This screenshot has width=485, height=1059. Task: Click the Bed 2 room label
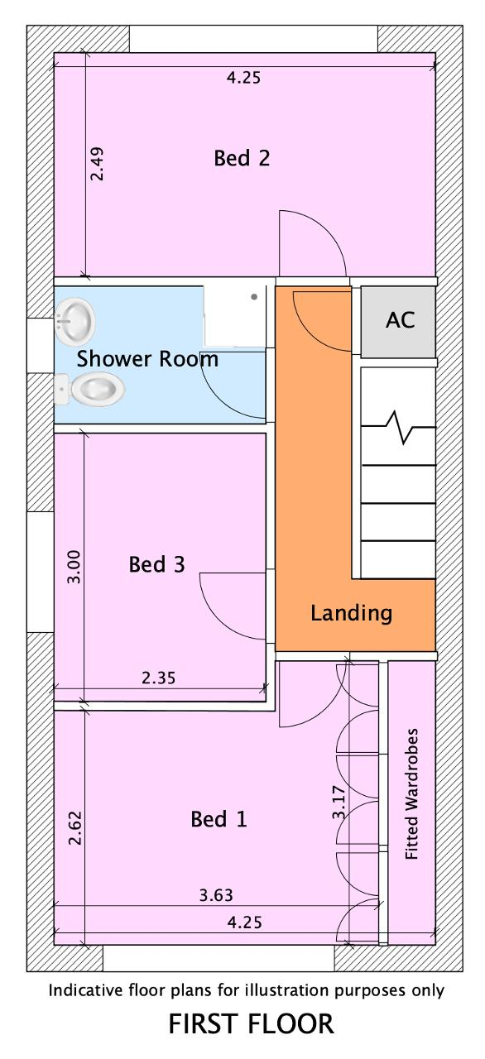(x=242, y=158)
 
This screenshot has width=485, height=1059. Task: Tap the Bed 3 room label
(x=156, y=564)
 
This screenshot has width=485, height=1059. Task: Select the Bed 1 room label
(x=218, y=819)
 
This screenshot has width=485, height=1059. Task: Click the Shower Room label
(x=147, y=359)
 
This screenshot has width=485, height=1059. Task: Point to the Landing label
(x=351, y=613)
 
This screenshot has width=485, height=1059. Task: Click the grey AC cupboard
(x=398, y=322)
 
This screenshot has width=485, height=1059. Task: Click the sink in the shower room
(x=74, y=322)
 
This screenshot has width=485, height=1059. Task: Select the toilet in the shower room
(x=90, y=390)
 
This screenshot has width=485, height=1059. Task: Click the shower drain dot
(x=254, y=297)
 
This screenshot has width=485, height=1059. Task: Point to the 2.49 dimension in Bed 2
(x=98, y=164)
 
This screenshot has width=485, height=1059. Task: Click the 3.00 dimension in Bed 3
(x=74, y=567)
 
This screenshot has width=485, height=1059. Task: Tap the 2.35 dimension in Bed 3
(x=158, y=678)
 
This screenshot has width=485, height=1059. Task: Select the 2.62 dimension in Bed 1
(x=75, y=827)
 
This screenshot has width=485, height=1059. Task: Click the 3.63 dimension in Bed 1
(x=216, y=895)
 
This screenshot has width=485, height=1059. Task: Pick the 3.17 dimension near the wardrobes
(x=339, y=802)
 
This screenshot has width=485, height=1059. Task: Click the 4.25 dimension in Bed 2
(x=243, y=78)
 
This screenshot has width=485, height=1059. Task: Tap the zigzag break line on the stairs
(x=398, y=428)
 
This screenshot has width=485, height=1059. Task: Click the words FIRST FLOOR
(x=251, y=1024)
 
